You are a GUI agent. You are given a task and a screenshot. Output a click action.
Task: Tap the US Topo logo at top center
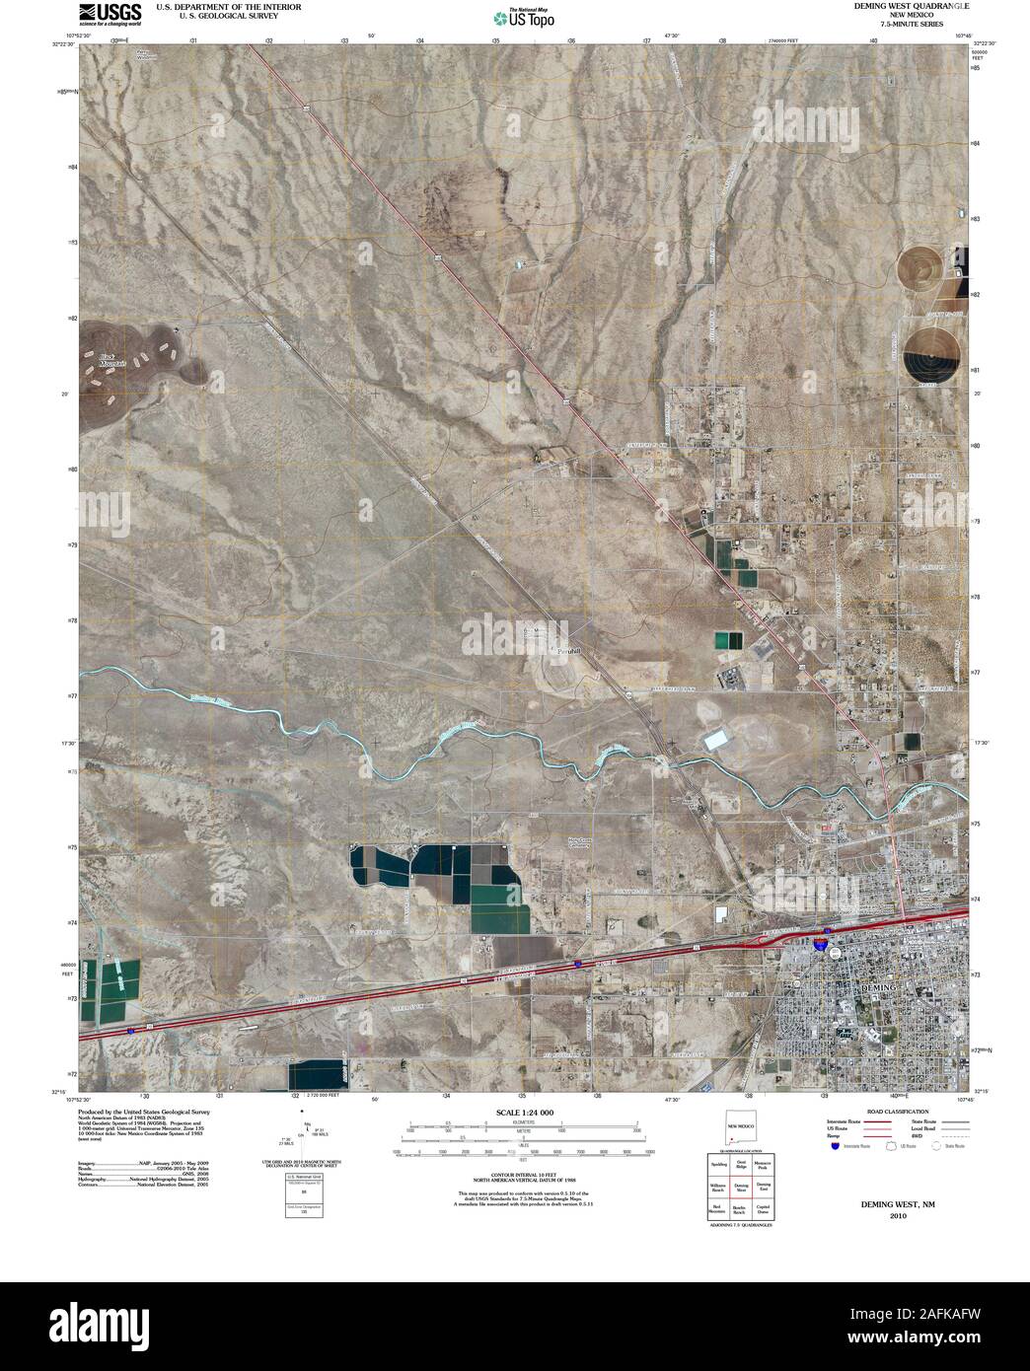pyautogui.click(x=524, y=17)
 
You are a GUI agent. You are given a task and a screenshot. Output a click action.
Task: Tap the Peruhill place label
pyautogui.click(x=570, y=652)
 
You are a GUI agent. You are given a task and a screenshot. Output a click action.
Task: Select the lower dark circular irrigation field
pyautogui.click(x=933, y=354)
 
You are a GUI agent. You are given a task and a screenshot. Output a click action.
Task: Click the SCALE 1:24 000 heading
pyautogui.click(x=519, y=1113)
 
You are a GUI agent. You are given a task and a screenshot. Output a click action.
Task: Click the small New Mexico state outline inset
pyautogui.click(x=740, y=1129)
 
